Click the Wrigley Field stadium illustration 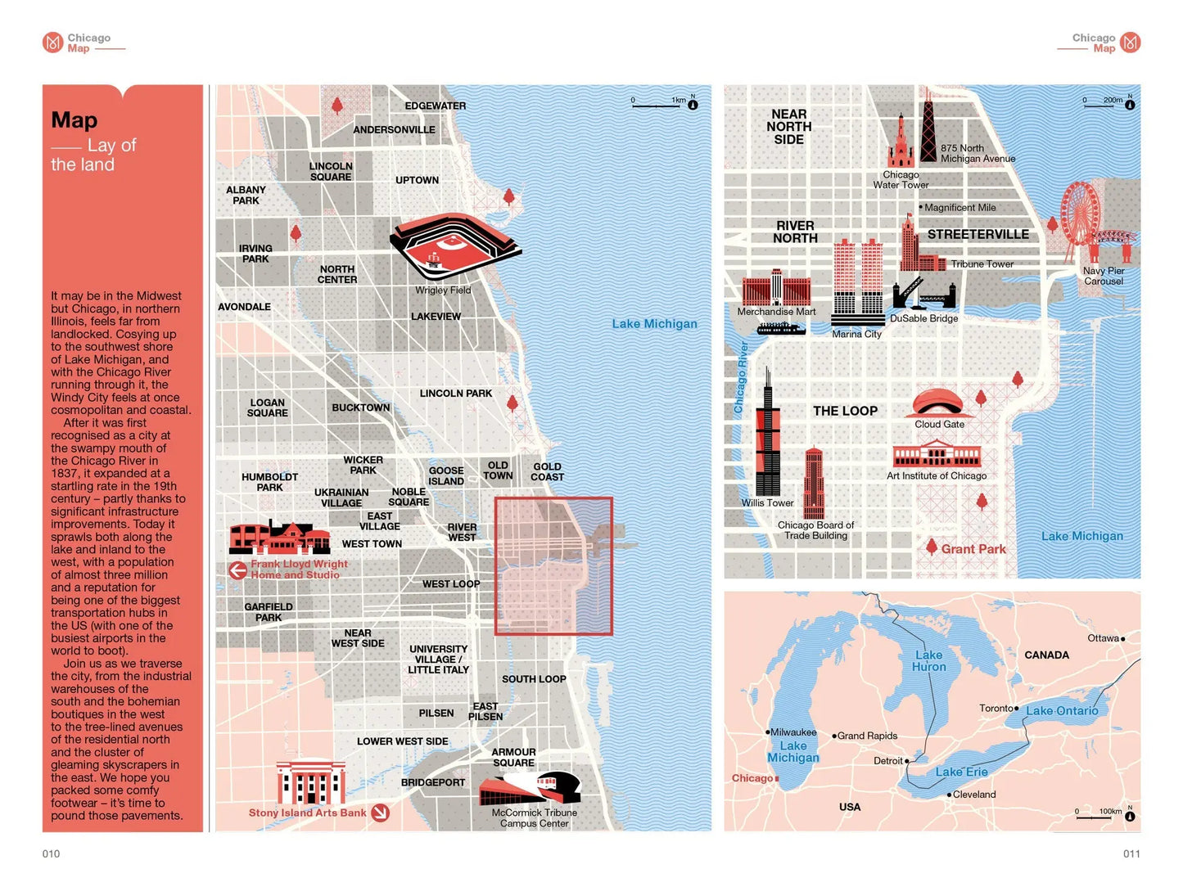coord(453,246)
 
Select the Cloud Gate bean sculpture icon coord(939,403)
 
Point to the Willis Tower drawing coord(767,438)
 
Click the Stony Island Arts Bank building coord(310,783)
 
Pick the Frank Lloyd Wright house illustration coord(279,538)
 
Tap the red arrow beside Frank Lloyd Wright coord(237,570)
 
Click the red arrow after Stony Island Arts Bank coord(380,813)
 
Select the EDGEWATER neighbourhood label coord(435,106)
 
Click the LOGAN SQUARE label coord(267,407)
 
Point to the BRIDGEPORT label coord(432,782)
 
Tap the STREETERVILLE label coord(978,234)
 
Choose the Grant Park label coord(973,549)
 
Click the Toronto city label coord(996,708)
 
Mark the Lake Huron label coord(928,661)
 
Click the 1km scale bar coord(656,106)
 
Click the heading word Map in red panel coord(75,120)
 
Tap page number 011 coord(1131,853)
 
